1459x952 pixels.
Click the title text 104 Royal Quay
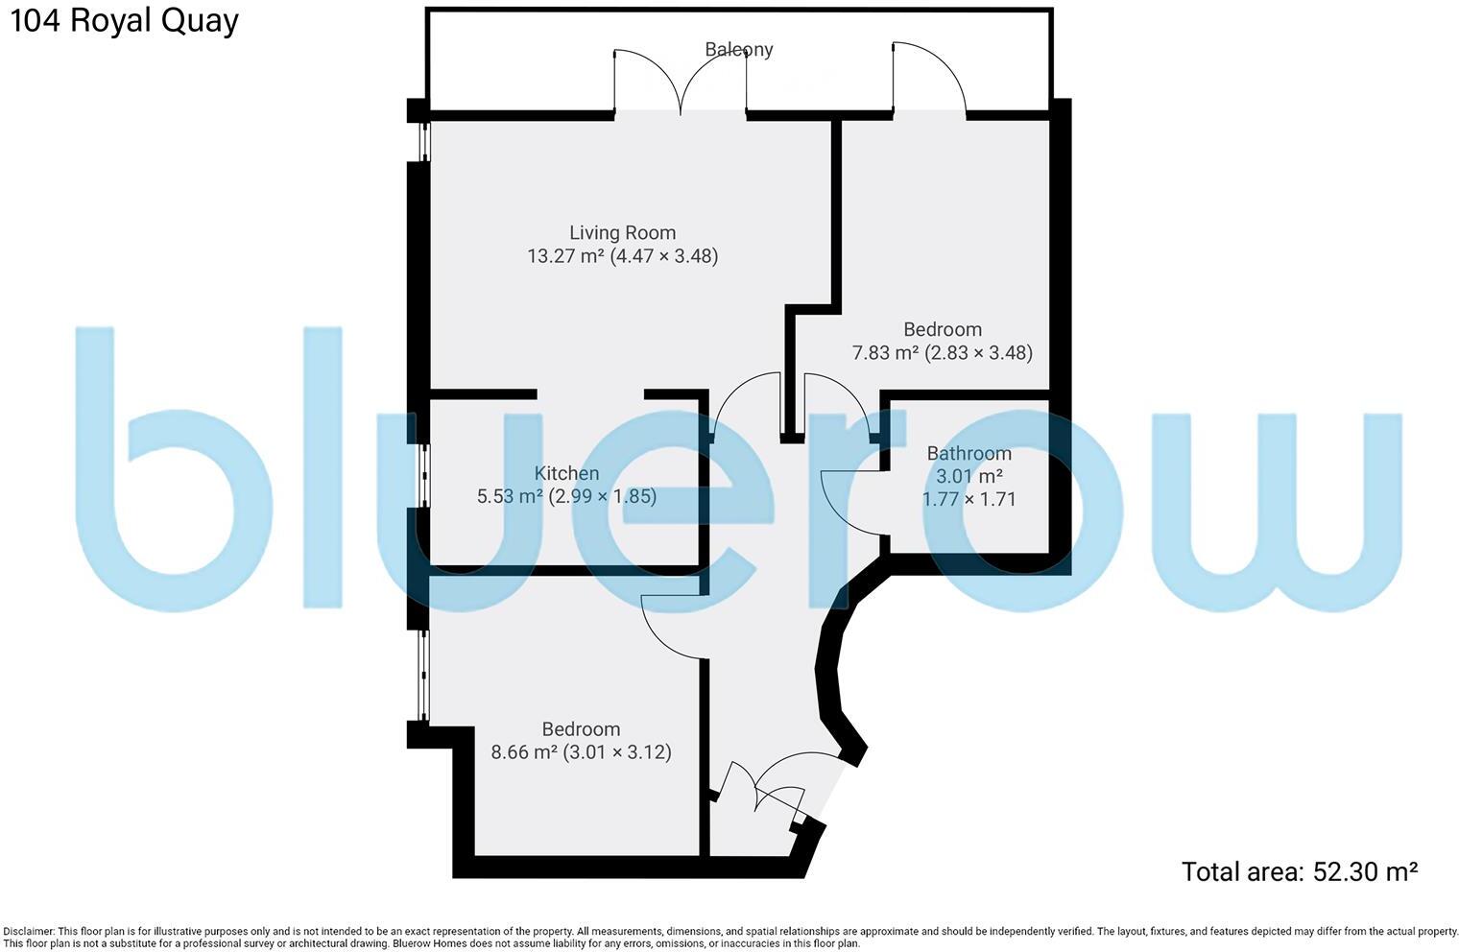[123, 21]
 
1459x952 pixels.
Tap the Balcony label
[738, 49]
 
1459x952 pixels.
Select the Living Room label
[622, 232]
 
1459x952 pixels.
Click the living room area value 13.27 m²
[565, 256]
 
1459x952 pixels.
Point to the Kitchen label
[566, 473]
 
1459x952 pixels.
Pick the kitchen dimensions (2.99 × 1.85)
[603, 497]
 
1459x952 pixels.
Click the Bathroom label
[969, 453]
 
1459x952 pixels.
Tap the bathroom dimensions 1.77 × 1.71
[969, 499]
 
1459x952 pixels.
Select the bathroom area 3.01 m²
[969, 476]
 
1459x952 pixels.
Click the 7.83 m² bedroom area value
[885, 353]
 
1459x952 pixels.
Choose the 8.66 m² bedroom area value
[523, 752]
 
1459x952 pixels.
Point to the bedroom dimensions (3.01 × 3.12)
[617, 752]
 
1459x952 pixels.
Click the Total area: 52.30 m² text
[1299, 871]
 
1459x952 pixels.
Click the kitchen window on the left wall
[422, 473]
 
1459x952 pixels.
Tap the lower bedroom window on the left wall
[422, 675]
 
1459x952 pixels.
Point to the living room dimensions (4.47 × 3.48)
[664, 256]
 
